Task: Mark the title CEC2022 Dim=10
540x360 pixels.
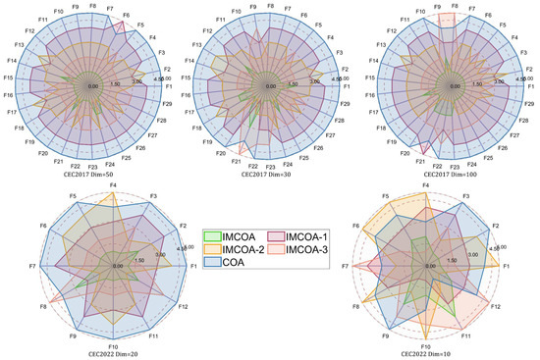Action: pos(425,354)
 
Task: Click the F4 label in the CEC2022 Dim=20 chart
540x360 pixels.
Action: pos(114,184)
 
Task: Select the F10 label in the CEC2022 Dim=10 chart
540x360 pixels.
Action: pos(425,347)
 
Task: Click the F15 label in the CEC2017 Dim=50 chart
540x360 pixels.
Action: pos(9,77)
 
